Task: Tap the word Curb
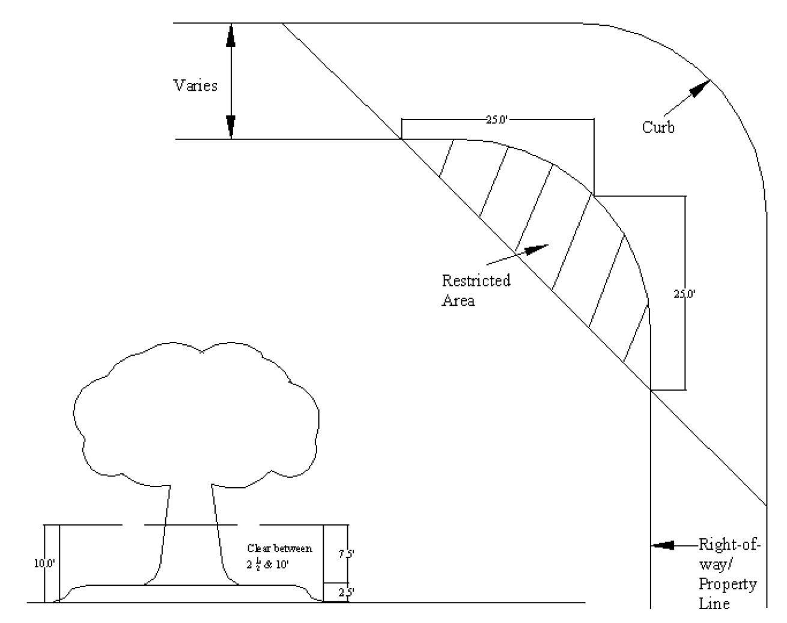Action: click(x=658, y=127)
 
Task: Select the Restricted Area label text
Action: click(x=476, y=290)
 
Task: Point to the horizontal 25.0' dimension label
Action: click(x=497, y=119)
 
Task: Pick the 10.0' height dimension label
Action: click(x=44, y=564)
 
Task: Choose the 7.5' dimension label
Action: click(x=345, y=555)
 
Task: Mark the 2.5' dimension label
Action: click(x=345, y=592)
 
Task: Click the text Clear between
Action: click(x=280, y=548)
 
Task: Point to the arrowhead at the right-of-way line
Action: click(x=663, y=546)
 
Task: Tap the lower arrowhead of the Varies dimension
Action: click(x=230, y=127)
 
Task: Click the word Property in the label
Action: click(x=728, y=584)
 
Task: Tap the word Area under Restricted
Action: click(x=458, y=300)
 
